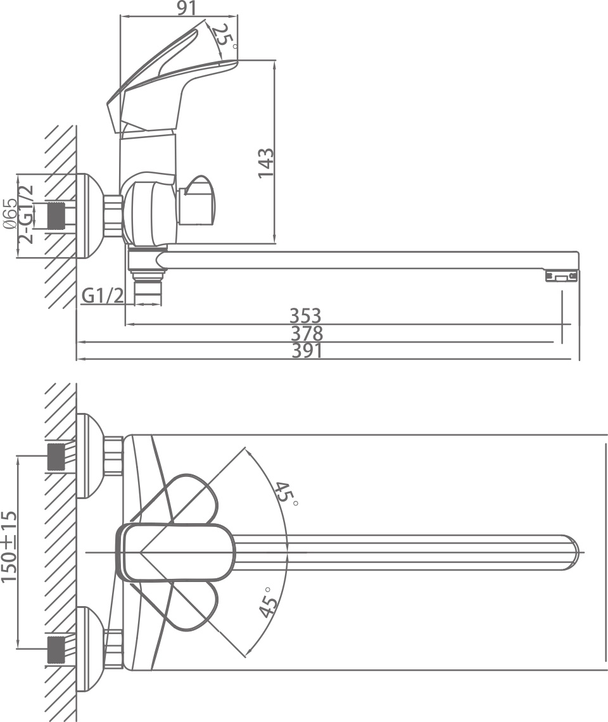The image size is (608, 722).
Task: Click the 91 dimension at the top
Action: [187, 8]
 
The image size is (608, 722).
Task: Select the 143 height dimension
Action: [266, 163]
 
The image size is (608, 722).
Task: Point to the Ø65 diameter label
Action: [10, 213]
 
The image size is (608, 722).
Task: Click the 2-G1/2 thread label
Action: [27, 213]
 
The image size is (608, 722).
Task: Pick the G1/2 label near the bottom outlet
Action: [103, 296]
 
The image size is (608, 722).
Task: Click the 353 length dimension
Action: [305, 316]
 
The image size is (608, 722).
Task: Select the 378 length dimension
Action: [307, 333]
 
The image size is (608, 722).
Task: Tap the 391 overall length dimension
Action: [307, 351]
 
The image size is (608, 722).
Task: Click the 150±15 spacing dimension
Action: [9, 546]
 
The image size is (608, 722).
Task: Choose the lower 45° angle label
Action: [269, 602]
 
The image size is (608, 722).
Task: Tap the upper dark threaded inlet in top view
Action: [56, 457]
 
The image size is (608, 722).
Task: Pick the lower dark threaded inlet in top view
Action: [56, 649]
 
